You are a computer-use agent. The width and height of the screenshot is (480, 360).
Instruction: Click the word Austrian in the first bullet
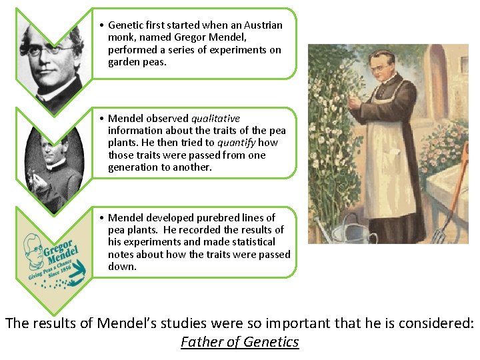pos(260,25)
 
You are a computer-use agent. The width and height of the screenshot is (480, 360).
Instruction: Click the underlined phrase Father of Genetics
pos(240,342)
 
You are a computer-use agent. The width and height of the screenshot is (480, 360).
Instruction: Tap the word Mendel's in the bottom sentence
pos(129,324)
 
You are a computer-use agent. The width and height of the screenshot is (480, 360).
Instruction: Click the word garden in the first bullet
pos(124,63)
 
